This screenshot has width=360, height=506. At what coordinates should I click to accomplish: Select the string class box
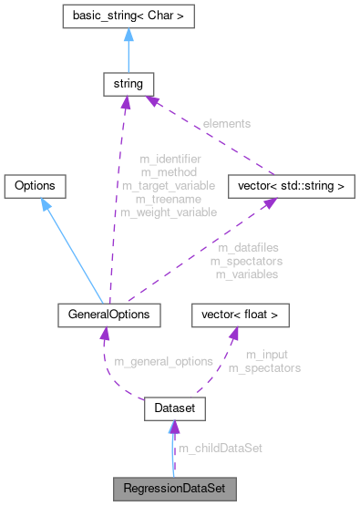point(126,84)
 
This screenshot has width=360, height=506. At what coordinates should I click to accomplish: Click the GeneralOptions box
point(109,315)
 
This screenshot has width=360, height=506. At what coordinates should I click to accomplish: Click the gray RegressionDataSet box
point(174,488)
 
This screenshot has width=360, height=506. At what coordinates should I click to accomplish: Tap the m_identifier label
point(170,158)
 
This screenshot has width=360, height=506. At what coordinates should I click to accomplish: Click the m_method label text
point(170,171)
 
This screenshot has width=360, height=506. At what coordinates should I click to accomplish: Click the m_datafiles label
point(248,246)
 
